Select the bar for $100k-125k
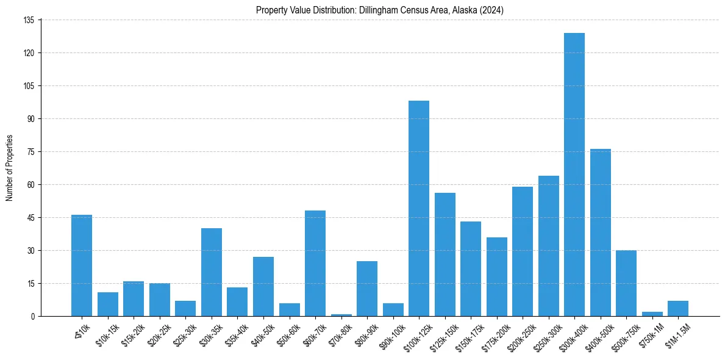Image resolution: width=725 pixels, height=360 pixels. (419, 208)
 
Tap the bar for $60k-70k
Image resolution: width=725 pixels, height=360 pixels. (315, 263)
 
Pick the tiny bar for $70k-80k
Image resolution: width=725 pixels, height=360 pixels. (341, 315)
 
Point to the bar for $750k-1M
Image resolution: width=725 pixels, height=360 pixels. (652, 314)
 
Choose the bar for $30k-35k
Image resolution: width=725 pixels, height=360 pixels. (212, 272)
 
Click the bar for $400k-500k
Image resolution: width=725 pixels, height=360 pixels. (600, 232)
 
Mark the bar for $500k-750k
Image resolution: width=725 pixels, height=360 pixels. (626, 283)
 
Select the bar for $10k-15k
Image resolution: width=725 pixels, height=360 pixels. (108, 304)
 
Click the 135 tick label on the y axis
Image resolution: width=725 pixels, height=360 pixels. (29, 20)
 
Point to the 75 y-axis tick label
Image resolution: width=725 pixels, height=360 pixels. (31, 152)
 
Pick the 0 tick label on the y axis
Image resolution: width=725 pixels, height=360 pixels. (34, 316)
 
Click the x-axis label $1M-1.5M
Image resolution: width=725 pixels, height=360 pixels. (676, 334)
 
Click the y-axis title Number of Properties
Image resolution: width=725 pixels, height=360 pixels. (9, 168)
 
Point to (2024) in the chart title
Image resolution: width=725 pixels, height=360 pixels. (491, 10)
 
